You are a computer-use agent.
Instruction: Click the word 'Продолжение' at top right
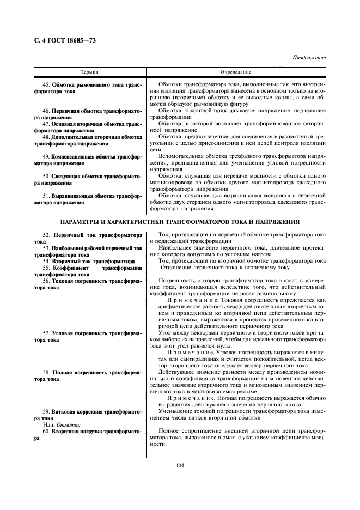point(309,57)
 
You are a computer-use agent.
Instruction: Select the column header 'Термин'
point(89,72)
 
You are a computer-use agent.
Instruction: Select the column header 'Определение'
point(236,72)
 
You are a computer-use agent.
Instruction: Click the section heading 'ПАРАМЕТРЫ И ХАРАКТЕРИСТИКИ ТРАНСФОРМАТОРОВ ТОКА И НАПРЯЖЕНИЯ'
point(180,222)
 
